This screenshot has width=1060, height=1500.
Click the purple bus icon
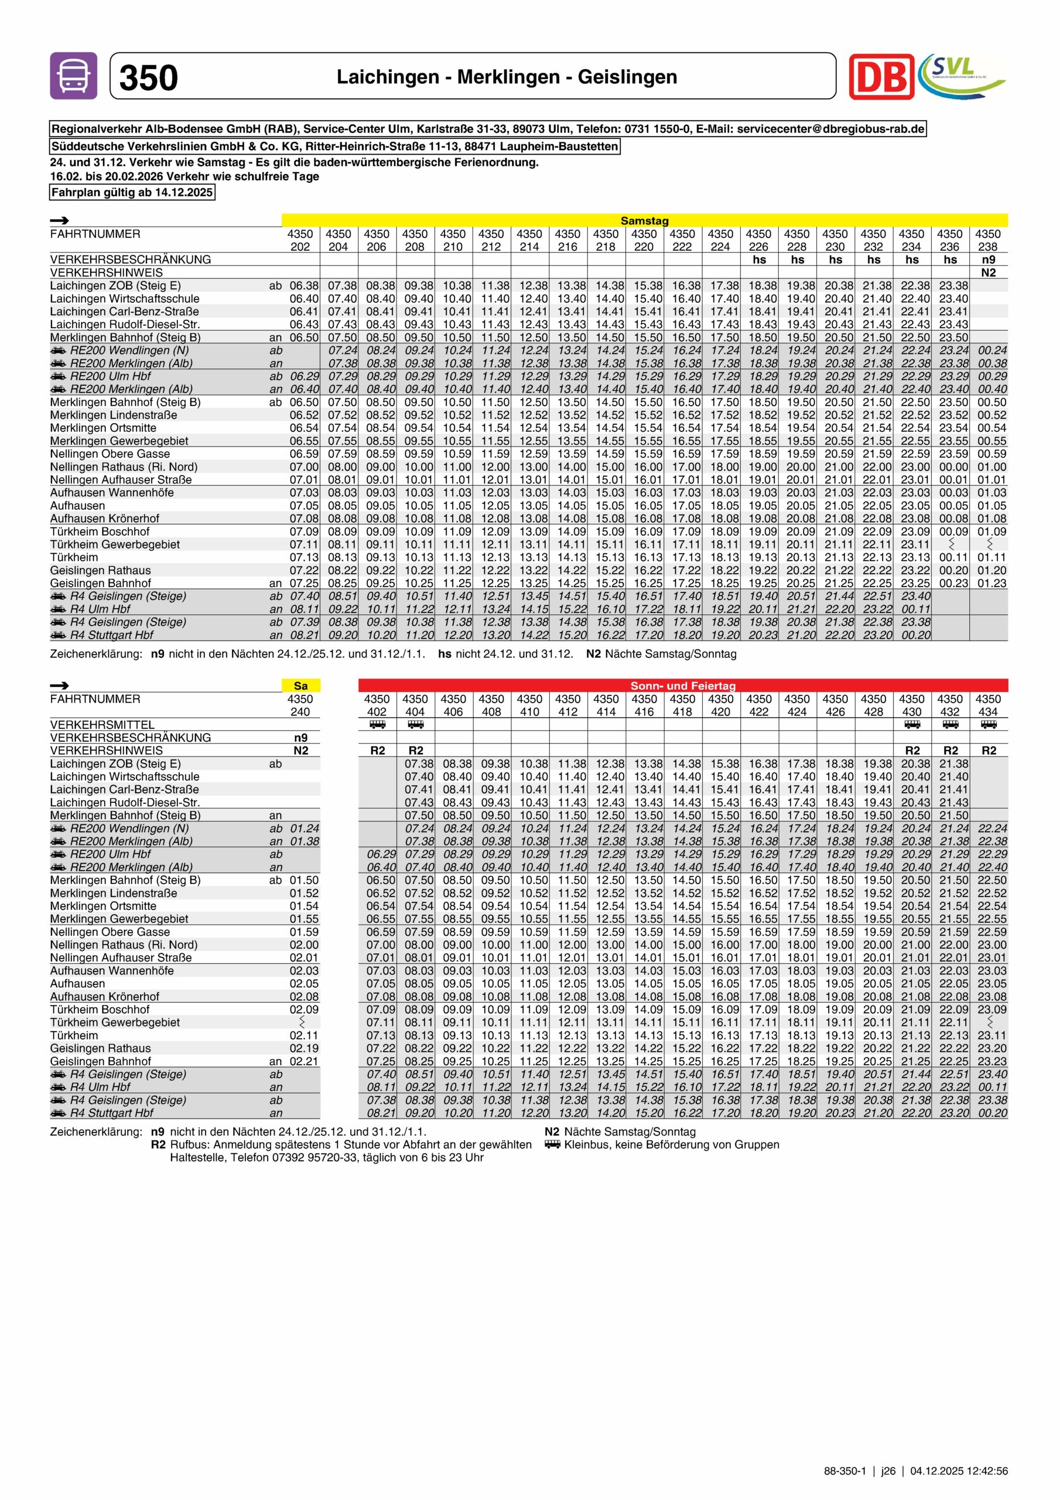pos(73,76)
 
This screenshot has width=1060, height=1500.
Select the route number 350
pos(148,78)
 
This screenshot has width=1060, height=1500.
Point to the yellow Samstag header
pos(644,221)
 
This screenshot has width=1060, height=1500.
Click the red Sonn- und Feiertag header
pos(682,686)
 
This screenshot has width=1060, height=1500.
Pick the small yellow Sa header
pos(300,686)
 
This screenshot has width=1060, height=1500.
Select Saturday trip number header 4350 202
pos(300,240)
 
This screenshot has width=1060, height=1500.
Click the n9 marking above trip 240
pos(300,738)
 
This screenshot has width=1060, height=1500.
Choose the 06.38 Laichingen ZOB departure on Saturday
pos(305,285)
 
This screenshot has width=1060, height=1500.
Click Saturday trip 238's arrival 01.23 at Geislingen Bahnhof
pos(991,583)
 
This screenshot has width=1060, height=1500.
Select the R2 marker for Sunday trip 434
pos(989,751)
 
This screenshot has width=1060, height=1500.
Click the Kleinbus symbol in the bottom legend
pos(552,1144)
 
